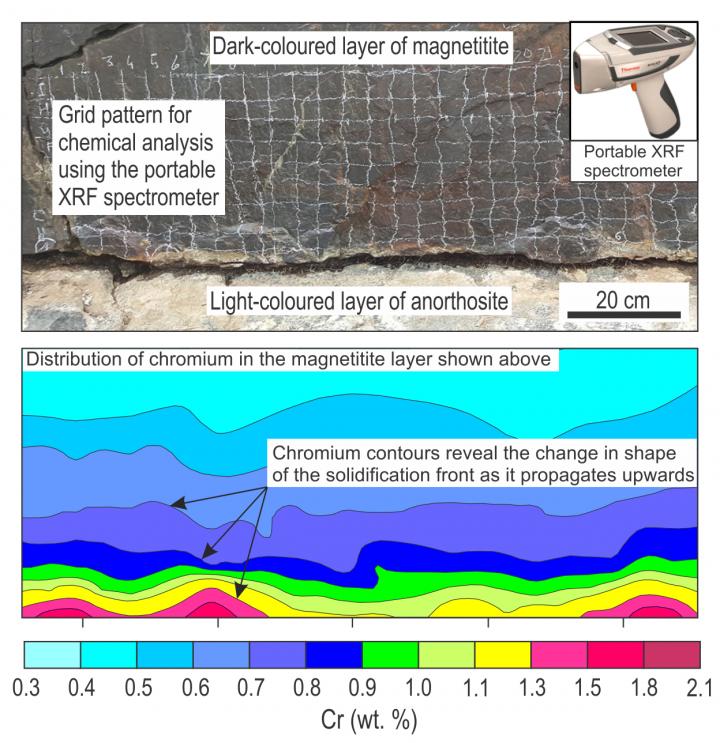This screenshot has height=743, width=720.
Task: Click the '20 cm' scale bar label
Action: point(621,300)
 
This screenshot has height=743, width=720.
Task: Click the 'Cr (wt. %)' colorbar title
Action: point(361,718)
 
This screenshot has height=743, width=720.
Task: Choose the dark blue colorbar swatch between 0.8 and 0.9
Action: point(333,654)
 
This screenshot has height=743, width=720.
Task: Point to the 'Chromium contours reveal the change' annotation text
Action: point(481,461)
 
